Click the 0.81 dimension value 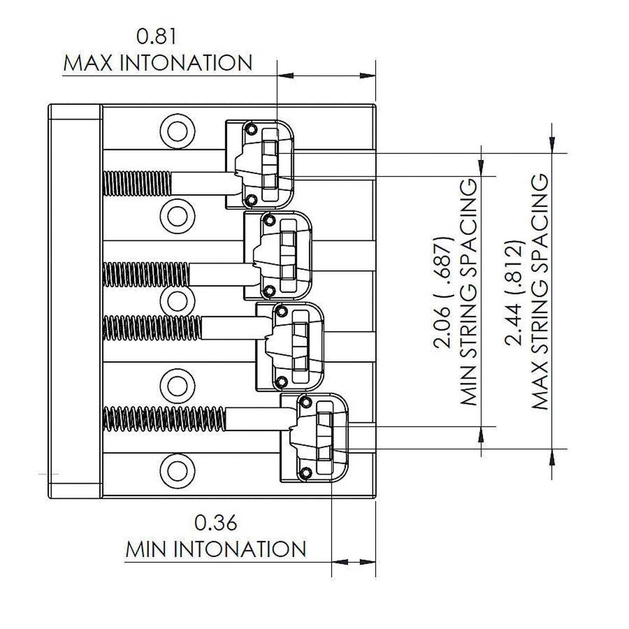pos(157,37)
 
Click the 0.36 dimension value pos(216,523)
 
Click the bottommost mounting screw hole pos(177,469)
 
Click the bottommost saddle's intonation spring pos(165,419)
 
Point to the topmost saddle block pos(260,164)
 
